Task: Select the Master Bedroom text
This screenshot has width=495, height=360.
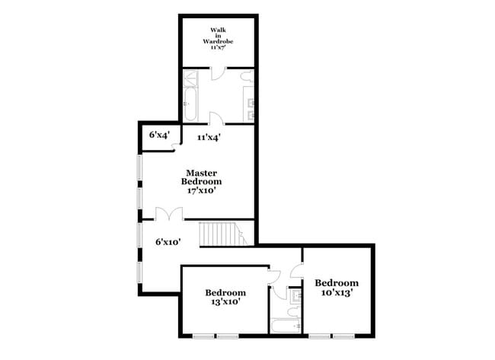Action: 201,177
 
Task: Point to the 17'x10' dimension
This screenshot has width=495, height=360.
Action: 201,191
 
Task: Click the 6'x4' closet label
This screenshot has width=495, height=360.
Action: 159,135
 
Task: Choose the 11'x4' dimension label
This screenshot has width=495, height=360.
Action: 209,138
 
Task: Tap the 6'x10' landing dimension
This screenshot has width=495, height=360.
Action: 168,242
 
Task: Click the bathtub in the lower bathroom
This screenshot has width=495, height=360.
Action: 286,327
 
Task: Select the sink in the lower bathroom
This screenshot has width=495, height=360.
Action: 294,293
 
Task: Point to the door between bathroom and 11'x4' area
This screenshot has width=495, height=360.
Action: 216,118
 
